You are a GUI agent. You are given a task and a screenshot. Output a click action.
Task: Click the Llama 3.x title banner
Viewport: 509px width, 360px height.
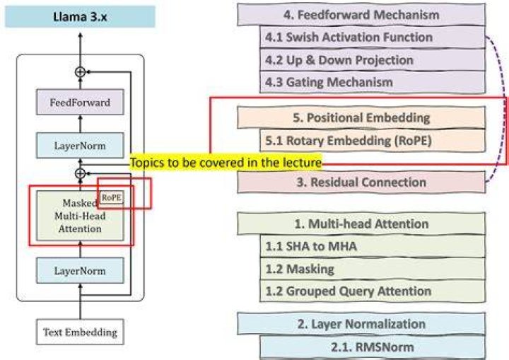pos(80,16)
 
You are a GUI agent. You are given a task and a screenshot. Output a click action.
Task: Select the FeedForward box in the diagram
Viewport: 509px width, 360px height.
pos(80,103)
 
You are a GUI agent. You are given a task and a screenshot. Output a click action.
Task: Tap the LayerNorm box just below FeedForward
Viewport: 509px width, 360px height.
pos(80,146)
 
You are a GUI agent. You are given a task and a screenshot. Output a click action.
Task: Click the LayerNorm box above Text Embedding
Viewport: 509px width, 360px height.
pos(80,271)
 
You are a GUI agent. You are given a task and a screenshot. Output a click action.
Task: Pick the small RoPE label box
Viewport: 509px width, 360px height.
pos(112,197)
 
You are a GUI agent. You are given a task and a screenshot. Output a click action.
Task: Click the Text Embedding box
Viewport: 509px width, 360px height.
pos(80,332)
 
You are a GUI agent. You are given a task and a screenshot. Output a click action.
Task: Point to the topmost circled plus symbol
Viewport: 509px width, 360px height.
pos(80,72)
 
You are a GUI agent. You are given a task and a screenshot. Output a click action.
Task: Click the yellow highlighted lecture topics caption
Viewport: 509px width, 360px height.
pos(226,162)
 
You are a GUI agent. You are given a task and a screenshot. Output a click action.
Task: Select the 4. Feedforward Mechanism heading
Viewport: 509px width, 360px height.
pos(362,15)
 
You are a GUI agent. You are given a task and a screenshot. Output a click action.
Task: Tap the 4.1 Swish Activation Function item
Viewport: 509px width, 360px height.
pos(373,37)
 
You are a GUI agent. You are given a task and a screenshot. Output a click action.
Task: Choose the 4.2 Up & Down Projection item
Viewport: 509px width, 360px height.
pos(373,60)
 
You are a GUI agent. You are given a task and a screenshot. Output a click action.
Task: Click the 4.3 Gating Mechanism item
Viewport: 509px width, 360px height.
pos(373,82)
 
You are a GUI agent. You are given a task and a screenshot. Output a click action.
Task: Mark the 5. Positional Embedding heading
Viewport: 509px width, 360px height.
pos(362,117)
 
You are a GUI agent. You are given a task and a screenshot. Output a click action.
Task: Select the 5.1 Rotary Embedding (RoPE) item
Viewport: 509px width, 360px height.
pos(373,141)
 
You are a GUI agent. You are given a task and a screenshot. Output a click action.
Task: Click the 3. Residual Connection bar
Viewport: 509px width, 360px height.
pos(362,182)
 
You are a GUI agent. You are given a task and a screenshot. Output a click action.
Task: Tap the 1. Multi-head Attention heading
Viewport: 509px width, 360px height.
pos(362,224)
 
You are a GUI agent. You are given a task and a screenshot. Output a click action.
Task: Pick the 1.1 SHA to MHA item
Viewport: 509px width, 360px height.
pos(373,246)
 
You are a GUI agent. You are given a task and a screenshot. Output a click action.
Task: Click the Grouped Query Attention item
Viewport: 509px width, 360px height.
pos(373,291)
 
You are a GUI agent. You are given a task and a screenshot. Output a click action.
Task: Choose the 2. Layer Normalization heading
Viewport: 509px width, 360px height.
pos(362,324)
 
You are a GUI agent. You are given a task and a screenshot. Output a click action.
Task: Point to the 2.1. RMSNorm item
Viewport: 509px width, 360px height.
pos(373,347)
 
